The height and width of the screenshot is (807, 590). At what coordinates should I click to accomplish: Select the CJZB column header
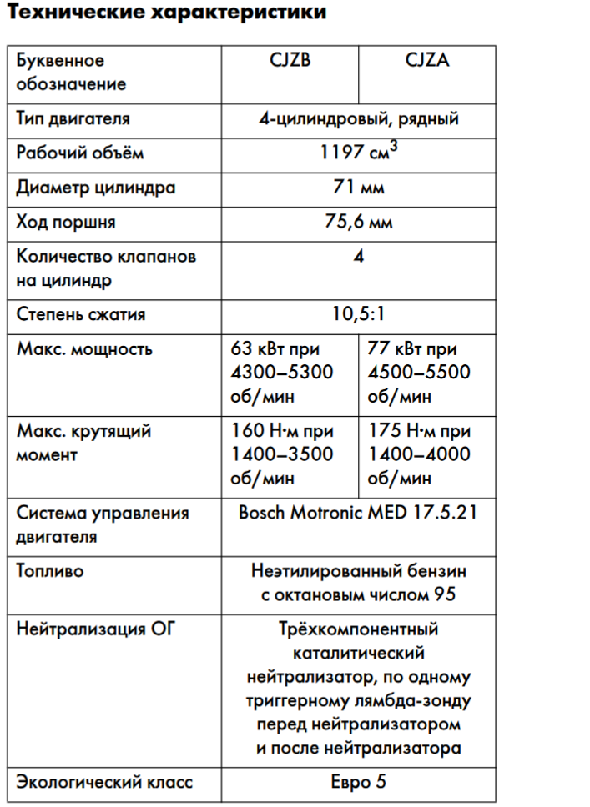coord(290,61)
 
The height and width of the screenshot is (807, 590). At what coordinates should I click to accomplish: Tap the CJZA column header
coord(426,61)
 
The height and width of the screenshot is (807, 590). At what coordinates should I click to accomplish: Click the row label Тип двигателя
coord(73,118)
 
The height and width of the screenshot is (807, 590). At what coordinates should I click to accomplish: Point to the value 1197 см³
coord(359,152)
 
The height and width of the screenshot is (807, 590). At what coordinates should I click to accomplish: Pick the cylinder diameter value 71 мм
coord(359,188)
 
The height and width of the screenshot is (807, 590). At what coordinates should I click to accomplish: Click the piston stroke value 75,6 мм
coord(359,223)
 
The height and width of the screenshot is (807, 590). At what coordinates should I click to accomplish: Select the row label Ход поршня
coord(66,223)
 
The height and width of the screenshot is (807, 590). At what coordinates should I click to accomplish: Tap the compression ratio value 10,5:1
coord(359,314)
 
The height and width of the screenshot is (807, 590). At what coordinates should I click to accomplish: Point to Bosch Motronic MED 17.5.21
coord(358,512)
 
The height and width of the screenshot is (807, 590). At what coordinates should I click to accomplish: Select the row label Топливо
coord(50,572)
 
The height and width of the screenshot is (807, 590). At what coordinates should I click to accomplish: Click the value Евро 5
coord(359,782)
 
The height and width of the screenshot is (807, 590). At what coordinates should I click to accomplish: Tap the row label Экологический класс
coord(104,782)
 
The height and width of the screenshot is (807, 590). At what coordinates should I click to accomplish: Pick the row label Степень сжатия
coord(81,314)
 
